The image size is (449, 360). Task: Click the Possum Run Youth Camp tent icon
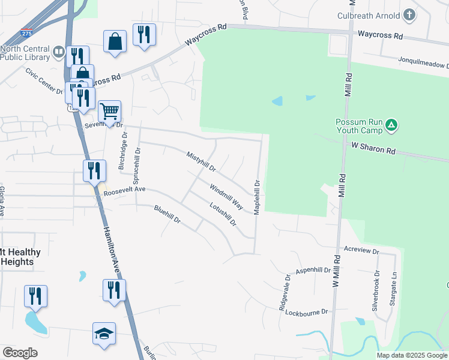(391, 125)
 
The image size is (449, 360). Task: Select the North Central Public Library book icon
(58, 52)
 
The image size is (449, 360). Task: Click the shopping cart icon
(109, 111)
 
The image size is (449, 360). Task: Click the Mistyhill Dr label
(201, 161)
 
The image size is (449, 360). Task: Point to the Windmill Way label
(226, 196)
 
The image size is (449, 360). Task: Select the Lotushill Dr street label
(223, 215)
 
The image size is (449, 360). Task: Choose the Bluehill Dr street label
(167, 214)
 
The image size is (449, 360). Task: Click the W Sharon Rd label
(373, 147)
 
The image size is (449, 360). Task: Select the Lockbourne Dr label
(307, 313)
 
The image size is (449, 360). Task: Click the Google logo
(20, 353)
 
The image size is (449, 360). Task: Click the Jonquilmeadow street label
(424, 62)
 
